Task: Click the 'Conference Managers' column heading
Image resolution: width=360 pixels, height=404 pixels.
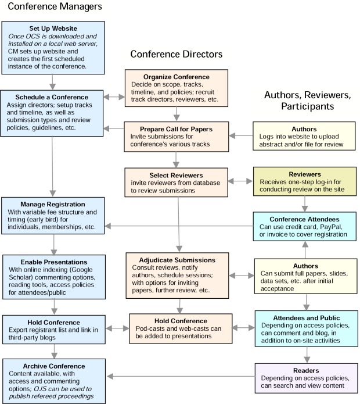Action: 55,7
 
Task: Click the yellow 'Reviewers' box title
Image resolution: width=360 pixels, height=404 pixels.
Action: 304,174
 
